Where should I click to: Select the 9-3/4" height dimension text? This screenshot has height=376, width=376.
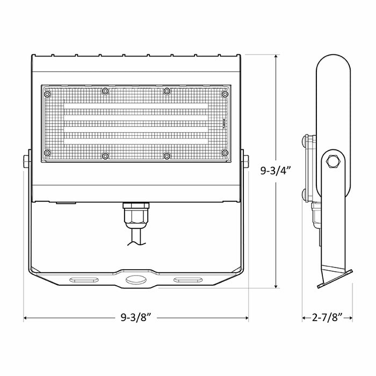click(x=276, y=171)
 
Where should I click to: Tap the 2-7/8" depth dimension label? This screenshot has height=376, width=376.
click(x=327, y=319)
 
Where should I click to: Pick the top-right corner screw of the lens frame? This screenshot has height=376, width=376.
click(x=225, y=94)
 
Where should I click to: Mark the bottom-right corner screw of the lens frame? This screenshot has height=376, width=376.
click(x=225, y=153)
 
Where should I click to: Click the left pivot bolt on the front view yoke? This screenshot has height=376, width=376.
click(x=26, y=161)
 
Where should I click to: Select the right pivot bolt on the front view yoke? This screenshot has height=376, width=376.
click(x=246, y=161)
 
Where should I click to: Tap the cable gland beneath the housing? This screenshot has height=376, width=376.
click(x=136, y=215)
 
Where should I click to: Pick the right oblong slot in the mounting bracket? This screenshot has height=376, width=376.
click(x=186, y=279)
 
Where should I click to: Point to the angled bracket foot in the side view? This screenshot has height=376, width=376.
click(x=333, y=277)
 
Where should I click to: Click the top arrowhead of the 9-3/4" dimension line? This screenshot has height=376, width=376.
click(x=276, y=56)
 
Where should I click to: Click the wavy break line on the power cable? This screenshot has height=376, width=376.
click(x=136, y=244)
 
